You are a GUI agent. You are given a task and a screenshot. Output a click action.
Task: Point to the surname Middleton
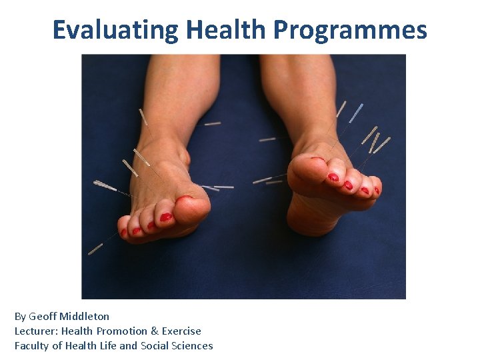point(85,317)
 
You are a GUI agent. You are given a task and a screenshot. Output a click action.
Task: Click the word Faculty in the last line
point(32,346)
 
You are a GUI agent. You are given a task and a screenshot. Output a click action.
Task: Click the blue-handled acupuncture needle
point(356,112)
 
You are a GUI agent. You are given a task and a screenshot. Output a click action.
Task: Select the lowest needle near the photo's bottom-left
point(96,249)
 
